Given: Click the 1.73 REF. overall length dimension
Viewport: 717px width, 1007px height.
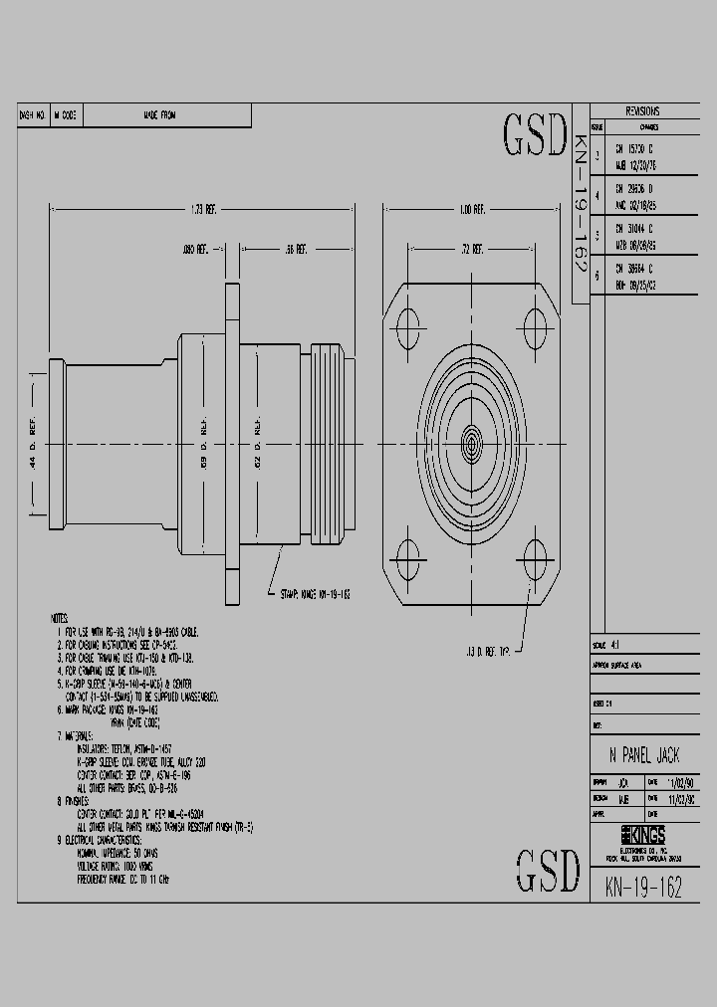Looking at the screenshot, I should point(203,210).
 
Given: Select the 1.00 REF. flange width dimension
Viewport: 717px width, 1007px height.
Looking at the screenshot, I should point(472,210).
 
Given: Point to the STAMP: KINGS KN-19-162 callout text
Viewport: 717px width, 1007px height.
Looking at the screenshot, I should point(311,593).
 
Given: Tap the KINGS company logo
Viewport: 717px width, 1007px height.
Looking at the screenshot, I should point(644,834).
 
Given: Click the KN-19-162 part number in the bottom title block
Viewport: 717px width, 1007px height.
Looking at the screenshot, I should point(643,888).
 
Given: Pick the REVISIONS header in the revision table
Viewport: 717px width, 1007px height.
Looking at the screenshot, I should point(641,111).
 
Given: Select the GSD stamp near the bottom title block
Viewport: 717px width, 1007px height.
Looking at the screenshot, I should point(547,871).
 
